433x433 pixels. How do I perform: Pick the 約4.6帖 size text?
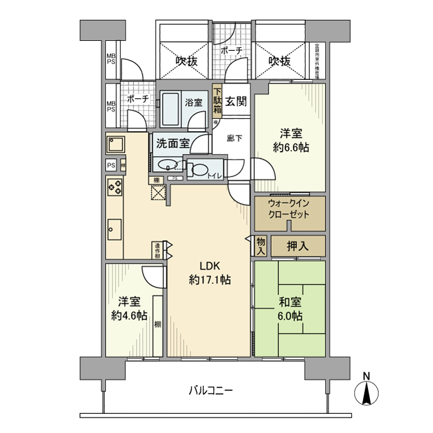click(x=129, y=315)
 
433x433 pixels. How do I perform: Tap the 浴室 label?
click(x=193, y=103)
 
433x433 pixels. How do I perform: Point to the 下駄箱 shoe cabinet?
click(x=218, y=101)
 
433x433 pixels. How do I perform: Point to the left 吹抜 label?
click(x=185, y=61)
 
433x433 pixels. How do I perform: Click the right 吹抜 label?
click(x=280, y=61)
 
